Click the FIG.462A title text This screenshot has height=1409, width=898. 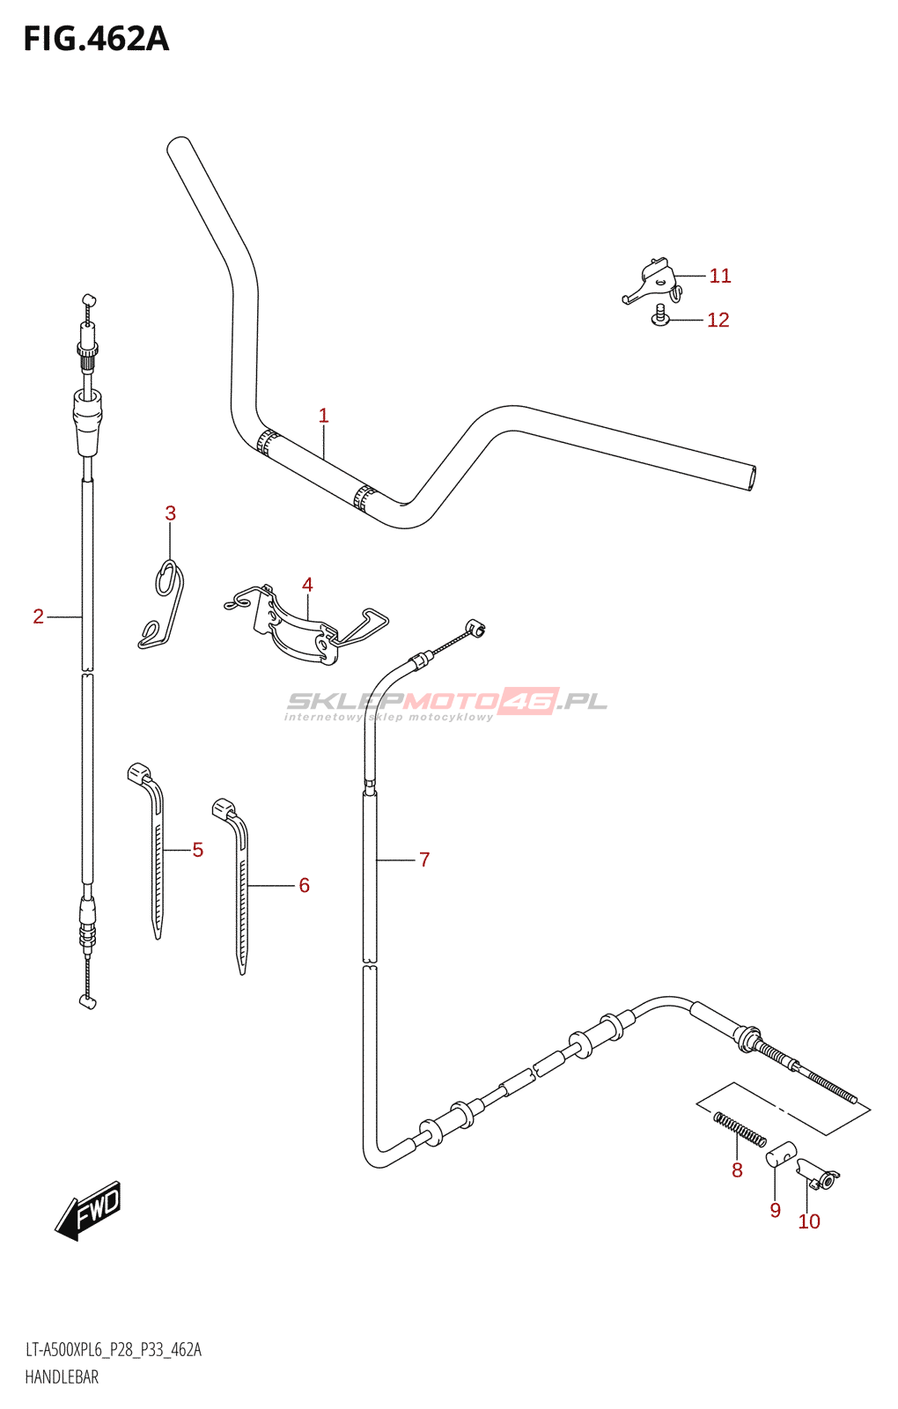96,40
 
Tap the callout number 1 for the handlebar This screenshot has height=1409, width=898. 323,416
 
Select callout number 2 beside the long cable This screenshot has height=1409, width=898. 38,616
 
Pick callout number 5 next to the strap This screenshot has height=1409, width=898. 197,850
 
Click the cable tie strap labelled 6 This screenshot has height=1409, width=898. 240,881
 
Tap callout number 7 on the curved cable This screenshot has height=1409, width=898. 424,859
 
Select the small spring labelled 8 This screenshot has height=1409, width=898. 740,1130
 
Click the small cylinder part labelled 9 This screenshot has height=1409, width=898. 781,1153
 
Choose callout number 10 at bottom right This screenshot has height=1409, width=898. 809,1221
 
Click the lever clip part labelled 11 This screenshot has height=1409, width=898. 652,281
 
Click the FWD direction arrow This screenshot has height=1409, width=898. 89,1211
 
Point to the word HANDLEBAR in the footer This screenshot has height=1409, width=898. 62,1377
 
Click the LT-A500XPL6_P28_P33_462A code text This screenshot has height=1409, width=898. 114,1350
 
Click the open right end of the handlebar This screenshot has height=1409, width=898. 749,477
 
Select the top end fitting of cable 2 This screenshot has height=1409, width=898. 87,304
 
